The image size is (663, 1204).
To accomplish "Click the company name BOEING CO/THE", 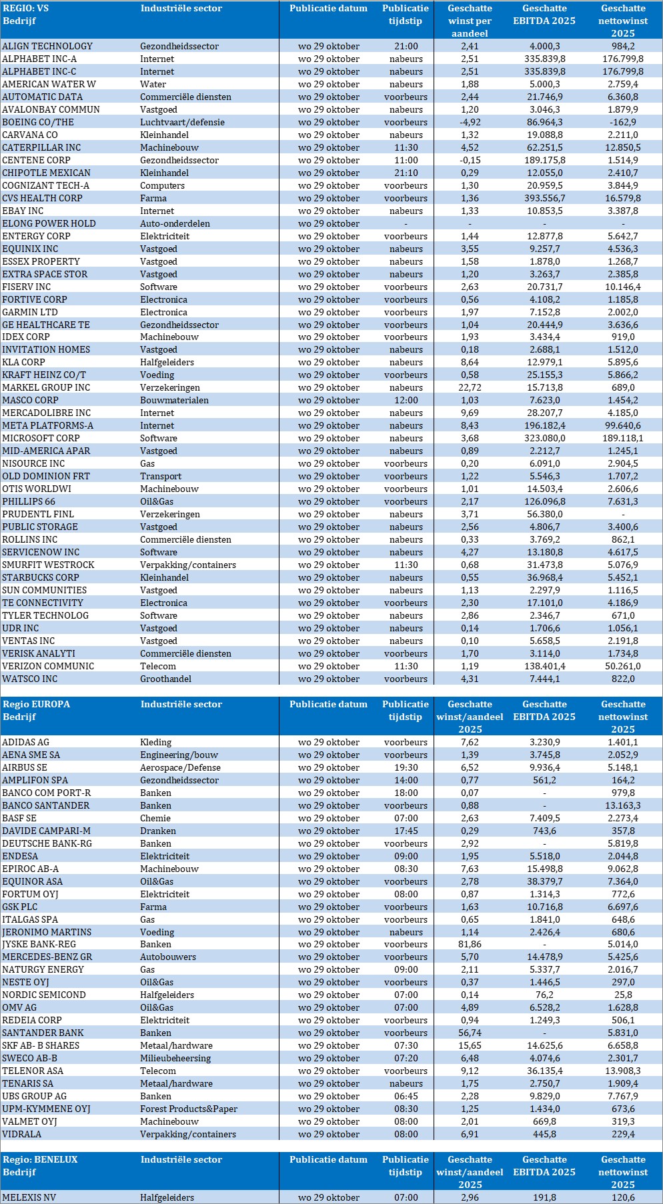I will point(38,122).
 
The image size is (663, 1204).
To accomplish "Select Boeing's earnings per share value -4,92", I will point(470,122).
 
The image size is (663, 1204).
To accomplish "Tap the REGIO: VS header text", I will point(25,9).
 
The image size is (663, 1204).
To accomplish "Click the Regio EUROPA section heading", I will point(36,704).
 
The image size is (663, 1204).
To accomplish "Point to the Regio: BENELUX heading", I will point(40,1159).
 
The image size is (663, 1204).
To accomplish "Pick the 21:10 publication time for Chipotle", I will point(406,173).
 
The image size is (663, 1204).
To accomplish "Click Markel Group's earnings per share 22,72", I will point(470,387).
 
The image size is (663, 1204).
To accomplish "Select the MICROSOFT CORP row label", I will point(41,438).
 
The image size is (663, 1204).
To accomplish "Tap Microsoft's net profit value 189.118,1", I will point(622,438).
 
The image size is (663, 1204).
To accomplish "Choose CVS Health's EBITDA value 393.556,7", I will point(544,198).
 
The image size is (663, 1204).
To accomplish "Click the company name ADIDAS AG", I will point(25,742).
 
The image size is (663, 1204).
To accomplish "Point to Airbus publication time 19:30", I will point(406,767).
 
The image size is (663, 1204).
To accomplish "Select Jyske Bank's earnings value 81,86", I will point(470,944).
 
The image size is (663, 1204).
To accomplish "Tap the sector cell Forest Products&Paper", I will point(189,1109).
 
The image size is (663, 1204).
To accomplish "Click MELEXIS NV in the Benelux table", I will point(29,1197).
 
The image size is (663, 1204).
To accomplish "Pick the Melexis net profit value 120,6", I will point(622,1197).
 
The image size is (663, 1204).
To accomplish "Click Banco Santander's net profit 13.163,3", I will point(622,805).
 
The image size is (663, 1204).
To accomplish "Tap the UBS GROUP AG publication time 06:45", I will point(406,1096).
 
